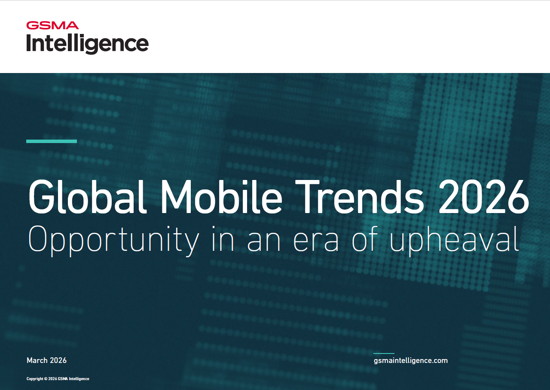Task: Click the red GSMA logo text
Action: point(52,25)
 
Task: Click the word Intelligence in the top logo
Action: point(88,44)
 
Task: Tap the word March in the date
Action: point(37,360)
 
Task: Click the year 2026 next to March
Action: point(58,360)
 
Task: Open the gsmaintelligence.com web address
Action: point(411,360)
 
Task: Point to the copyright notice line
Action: point(58,379)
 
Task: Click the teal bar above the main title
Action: point(52,141)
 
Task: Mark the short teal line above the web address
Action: point(384,353)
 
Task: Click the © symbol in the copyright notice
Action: point(46,379)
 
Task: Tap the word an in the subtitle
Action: point(263,241)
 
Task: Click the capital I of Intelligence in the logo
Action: point(29,43)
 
